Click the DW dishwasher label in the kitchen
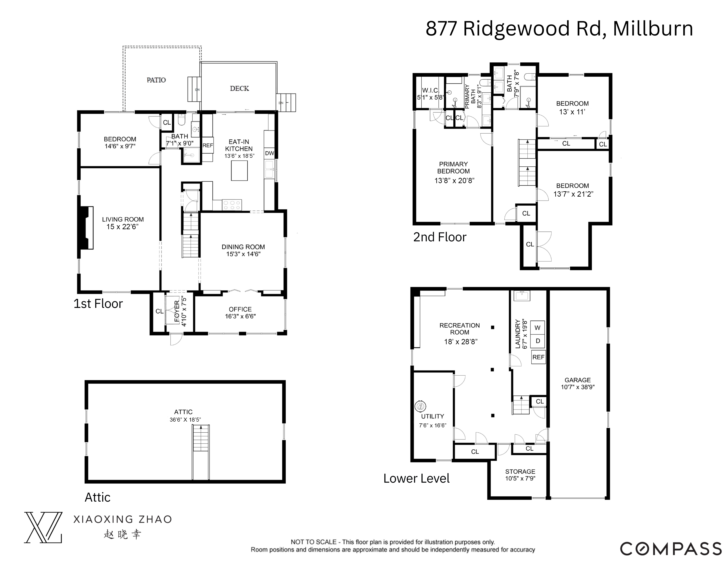pos(269,153)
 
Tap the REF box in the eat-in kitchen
pos(208,145)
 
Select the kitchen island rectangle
pos(239,170)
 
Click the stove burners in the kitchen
pos(232,205)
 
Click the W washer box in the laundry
pos(538,328)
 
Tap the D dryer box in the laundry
pos(538,341)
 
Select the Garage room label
pos(578,380)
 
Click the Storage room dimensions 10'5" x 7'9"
pos(520,478)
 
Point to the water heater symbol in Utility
pos(420,406)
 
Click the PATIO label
pos(156,80)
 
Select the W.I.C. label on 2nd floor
pos(430,90)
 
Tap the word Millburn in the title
pos(653,29)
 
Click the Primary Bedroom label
pos(453,167)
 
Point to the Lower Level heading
pos(416,478)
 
